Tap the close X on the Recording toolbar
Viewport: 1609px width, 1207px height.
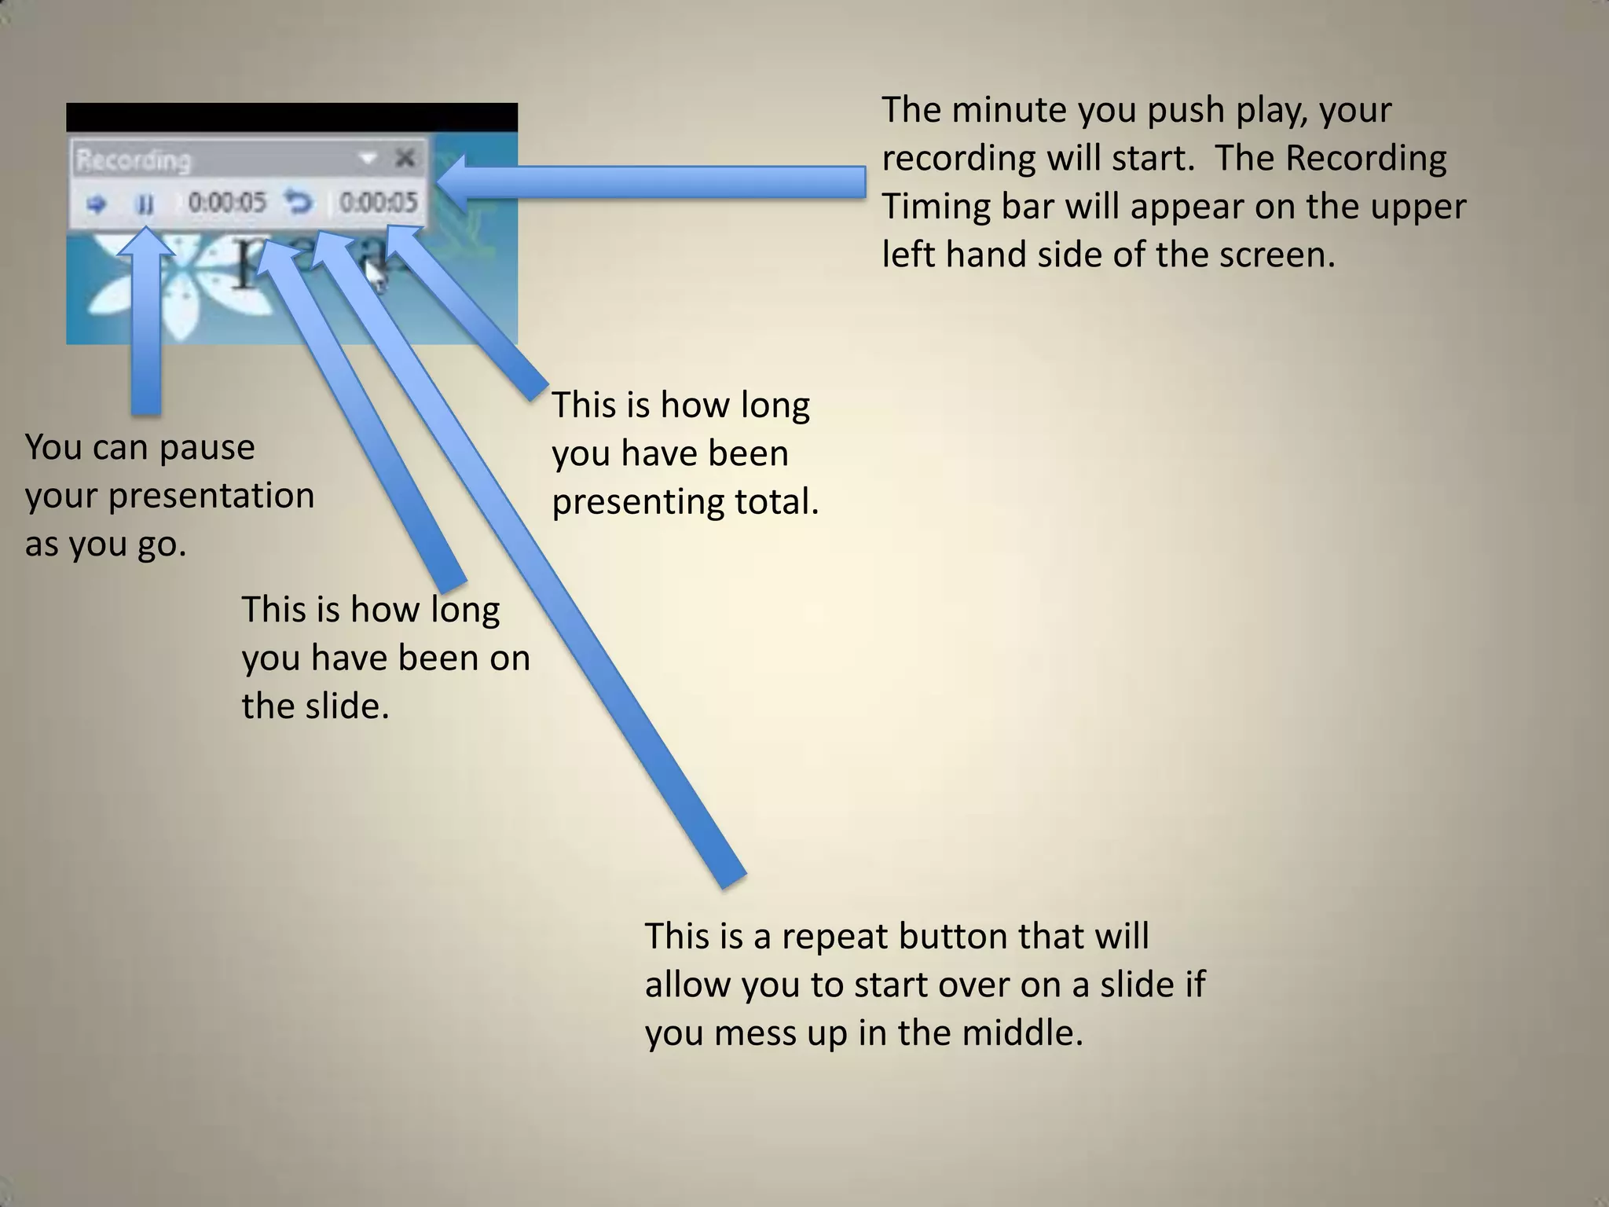pos(405,159)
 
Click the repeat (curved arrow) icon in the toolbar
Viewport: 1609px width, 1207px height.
pos(299,203)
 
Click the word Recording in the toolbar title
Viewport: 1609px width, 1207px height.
pos(133,160)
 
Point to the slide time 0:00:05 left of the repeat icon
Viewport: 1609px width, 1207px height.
pos(227,203)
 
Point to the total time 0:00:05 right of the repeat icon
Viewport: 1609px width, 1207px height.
pos(378,203)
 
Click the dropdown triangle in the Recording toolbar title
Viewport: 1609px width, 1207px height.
pos(367,159)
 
